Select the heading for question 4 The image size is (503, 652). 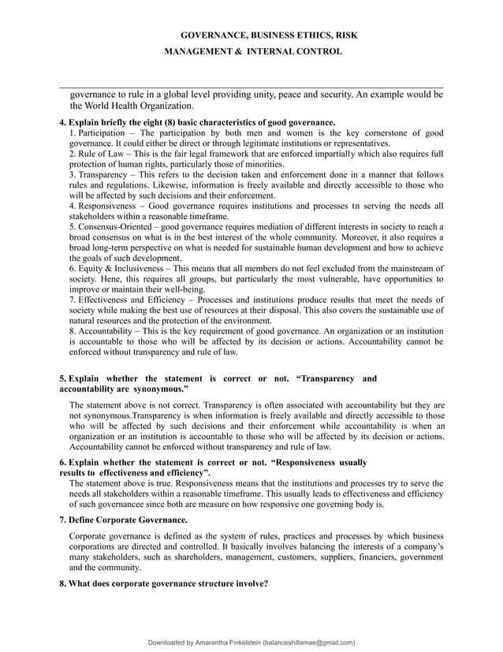point(198,122)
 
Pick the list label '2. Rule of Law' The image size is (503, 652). point(95,154)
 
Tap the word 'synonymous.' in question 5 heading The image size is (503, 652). point(159,389)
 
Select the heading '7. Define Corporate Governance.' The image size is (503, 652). point(124,520)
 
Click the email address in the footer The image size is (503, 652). point(309,643)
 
